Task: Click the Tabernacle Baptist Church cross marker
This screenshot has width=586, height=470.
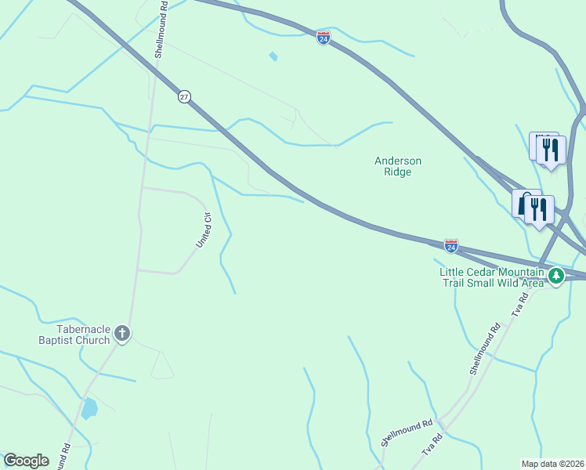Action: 121,334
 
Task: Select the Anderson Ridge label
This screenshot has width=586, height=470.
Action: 398,166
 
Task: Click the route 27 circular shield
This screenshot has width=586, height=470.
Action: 184,96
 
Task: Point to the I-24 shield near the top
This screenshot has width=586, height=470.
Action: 324,38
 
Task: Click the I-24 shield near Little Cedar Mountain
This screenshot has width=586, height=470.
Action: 450,245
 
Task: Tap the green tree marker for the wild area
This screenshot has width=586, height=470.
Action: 556,276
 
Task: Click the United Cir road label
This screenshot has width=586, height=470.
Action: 204,230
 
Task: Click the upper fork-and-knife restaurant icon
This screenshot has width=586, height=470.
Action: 551,150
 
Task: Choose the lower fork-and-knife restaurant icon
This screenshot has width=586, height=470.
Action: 539,209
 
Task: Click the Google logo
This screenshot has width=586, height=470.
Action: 26,461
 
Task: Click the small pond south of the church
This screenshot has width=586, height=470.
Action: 89,408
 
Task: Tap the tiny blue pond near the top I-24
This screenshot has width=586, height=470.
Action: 273,56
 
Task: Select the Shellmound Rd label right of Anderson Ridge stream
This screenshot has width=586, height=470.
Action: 483,350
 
